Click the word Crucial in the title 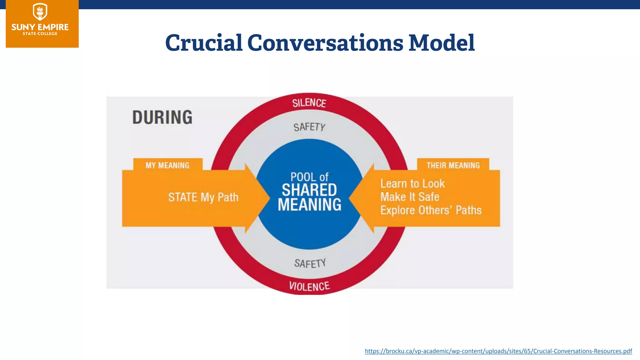coord(204,43)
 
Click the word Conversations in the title coord(325,43)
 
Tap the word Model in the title coord(442,43)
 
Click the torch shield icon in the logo coord(40,12)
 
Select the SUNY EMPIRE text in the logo coord(40,27)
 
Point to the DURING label coord(162,117)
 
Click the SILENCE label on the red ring coord(309,103)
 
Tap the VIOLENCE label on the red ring coord(309,286)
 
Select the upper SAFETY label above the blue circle coord(309,127)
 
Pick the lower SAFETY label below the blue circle coord(310,263)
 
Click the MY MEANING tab coord(167,165)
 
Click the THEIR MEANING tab coord(453,165)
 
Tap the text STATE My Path coord(203,197)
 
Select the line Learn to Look coord(412,183)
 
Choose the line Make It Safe coord(410,197)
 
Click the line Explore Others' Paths coord(431,210)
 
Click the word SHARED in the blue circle coord(309,190)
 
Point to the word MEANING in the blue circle coord(309,205)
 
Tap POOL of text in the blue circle coord(309,177)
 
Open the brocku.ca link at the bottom coord(498,351)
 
